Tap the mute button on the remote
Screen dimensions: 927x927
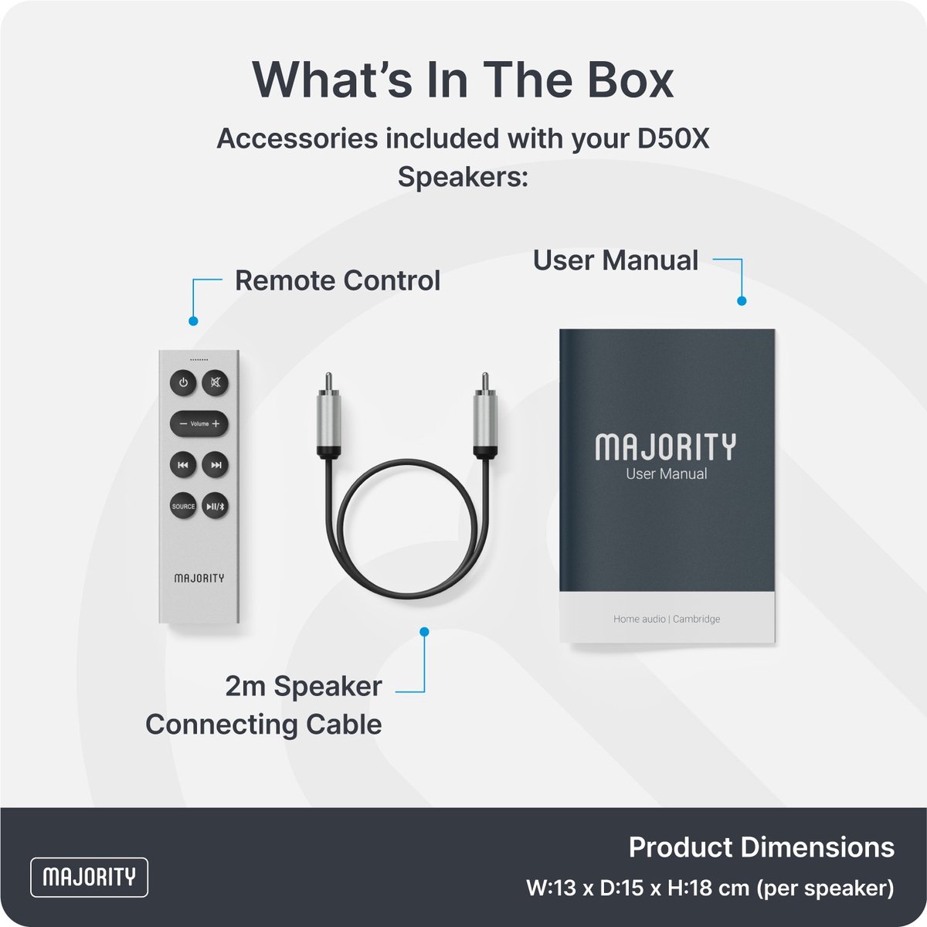point(215,383)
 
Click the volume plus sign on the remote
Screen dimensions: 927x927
point(216,424)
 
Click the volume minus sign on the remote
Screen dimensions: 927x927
point(183,424)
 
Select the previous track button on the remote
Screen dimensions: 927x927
point(183,465)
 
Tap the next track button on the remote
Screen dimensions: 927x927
point(215,465)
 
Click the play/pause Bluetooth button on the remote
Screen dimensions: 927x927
point(215,507)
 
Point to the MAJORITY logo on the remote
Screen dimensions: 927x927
point(199,578)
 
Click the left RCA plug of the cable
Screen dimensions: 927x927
point(328,415)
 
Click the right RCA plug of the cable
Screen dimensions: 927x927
point(485,415)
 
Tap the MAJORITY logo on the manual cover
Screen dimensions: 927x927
point(666,447)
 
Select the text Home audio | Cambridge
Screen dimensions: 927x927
point(667,619)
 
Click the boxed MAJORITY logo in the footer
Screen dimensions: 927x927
point(90,877)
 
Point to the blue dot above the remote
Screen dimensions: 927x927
point(193,321)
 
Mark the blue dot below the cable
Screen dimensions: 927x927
point(424,632)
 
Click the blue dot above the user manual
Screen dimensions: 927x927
point(742,301)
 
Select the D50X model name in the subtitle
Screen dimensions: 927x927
point(673,139)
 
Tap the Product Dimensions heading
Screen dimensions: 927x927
point(762,847)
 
